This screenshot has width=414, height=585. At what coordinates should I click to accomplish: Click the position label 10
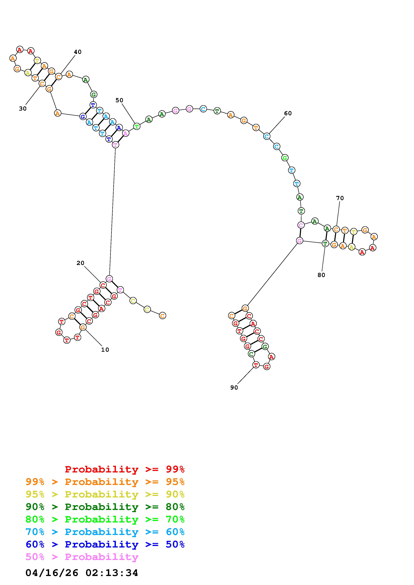[105, 350]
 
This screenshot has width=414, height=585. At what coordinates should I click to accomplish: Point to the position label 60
[288, 113]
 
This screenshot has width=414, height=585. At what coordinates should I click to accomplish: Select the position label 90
[234, 388]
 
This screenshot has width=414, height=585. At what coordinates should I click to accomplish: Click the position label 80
[321, 275]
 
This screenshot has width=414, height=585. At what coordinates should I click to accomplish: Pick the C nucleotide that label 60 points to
[267, 136]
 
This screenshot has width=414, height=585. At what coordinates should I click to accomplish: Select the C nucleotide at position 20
[103, 285]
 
